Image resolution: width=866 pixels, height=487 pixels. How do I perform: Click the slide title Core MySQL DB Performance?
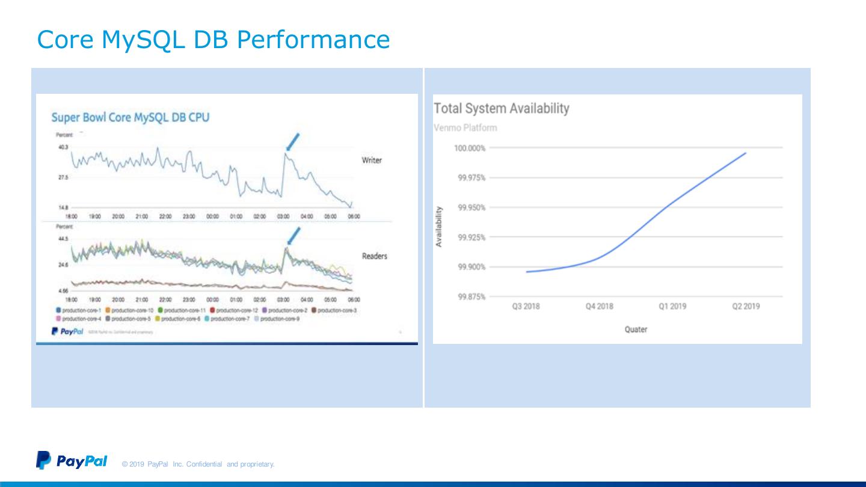tap(213, 40)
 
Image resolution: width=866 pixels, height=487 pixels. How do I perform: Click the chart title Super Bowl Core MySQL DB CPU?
tap(131, 117)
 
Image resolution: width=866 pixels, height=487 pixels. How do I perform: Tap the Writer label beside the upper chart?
tap(372, 160)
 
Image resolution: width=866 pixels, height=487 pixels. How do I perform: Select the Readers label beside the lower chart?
tap(374, 256)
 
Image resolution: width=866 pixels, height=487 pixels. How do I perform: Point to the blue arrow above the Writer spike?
tap(292, 142)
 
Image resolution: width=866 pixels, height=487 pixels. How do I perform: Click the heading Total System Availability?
tap(501, 109)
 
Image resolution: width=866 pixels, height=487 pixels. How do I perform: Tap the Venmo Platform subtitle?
tap(465, 128)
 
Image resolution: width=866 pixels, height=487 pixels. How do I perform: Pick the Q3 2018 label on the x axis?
tap(526, 306)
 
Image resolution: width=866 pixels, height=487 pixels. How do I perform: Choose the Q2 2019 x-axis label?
tap(746, 306)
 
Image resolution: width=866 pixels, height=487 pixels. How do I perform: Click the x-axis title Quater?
tap(636, 329)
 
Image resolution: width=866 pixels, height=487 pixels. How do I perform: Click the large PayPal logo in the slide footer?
tap(72, 461)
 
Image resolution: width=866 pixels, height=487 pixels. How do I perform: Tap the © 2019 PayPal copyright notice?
tap(198, 464)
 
